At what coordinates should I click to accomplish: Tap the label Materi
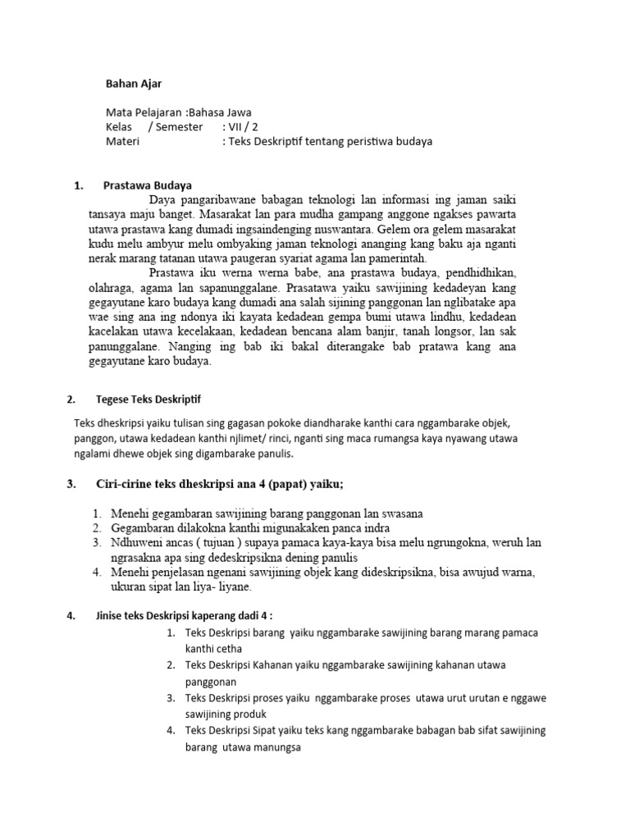point(123,141)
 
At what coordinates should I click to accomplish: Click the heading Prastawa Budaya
point(148,185)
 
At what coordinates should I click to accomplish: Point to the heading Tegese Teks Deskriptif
point(148,399)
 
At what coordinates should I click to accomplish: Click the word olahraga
point(114,289)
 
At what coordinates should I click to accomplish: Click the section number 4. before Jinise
point(70,615)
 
